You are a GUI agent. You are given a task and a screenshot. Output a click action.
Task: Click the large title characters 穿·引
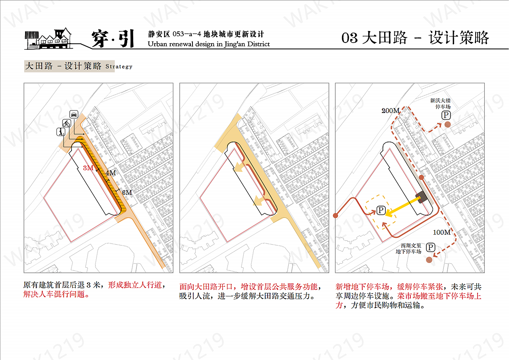coord(113,39)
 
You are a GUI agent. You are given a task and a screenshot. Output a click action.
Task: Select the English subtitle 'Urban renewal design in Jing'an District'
coord(208,44)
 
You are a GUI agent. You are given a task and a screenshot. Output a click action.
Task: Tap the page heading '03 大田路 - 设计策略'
coord(415,38)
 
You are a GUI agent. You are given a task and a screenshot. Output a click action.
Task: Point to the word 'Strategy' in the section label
coord(119,67)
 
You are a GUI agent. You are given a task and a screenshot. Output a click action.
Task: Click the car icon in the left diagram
coord(74,114)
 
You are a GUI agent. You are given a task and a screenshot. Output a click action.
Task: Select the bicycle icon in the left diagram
coord(66,123)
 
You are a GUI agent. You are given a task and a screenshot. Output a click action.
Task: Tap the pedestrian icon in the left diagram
coord(60,132)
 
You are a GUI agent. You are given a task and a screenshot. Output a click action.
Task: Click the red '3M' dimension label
coord(88,168)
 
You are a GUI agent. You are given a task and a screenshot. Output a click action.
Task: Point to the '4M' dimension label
coord(111,173)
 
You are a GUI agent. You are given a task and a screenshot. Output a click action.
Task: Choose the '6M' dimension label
coord(127,193)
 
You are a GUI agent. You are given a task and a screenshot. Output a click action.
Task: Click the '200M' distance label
coord(390,111)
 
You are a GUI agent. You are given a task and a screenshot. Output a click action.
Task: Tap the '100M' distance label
coord(441,232)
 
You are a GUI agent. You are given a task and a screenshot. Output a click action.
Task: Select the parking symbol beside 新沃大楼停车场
coord(446,115)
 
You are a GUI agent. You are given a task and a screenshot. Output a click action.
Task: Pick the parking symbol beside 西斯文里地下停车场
coord(430,248)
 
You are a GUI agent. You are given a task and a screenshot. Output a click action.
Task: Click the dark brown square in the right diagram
coord(421,198)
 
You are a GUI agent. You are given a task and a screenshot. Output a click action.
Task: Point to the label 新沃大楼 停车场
coord(440,104)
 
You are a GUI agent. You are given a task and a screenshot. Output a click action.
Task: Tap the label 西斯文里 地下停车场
coord(408,249)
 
